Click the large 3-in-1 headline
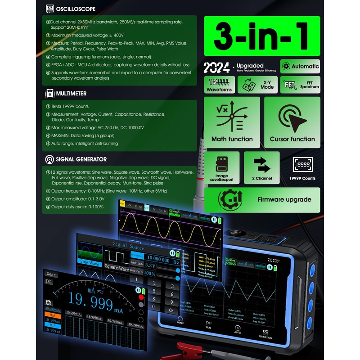pos(262,37)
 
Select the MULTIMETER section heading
pos(71,94)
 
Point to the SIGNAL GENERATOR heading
pos(81,159)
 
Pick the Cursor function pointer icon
pos(292,118)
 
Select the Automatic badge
pos(300,66)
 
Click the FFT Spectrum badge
pos(300,84)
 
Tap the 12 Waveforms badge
pos(219,84)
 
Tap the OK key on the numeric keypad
pos(171,310)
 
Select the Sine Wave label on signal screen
pos(90,262)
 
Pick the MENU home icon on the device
pos(180,320)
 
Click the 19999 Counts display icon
pos(302,164)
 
